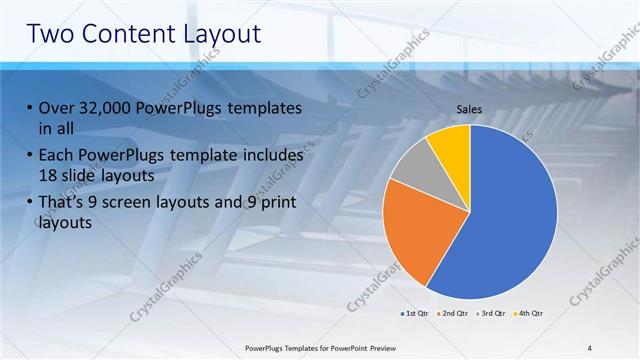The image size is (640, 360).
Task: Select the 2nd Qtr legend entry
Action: (453, 314)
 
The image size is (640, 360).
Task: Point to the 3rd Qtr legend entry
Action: (490, 314)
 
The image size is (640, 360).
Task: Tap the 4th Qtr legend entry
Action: (527, 314)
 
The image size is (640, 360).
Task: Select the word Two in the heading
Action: (50, 33)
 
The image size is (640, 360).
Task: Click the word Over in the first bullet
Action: (56, 108)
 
